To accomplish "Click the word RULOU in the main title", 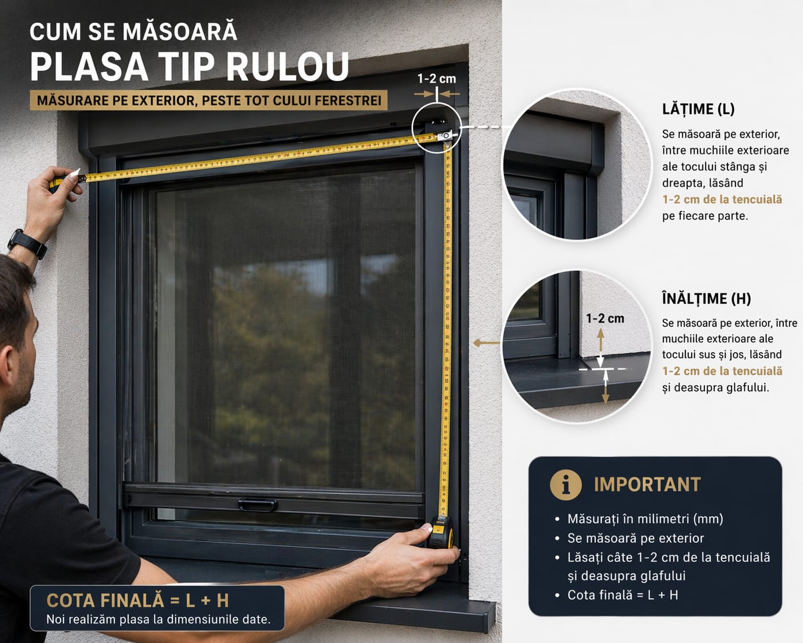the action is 288,66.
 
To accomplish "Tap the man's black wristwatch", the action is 27,244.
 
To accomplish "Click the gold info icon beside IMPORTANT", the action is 566,485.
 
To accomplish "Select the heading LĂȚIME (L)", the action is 698,109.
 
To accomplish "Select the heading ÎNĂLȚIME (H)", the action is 706,299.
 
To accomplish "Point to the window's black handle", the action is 258,505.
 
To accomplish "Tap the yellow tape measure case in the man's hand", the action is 440,532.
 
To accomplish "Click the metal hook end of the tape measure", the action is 446,136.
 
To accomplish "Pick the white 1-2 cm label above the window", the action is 436,79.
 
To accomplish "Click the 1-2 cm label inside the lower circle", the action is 605,319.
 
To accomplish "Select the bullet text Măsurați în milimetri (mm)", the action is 645,519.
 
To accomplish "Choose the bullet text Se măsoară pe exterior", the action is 635,538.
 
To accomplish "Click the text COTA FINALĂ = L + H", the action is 137,601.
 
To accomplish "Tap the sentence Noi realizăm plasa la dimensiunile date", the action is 158,620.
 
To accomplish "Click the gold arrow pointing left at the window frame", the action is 486,343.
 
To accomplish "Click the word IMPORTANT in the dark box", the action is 647,485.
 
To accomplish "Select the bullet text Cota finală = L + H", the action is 623,595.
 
